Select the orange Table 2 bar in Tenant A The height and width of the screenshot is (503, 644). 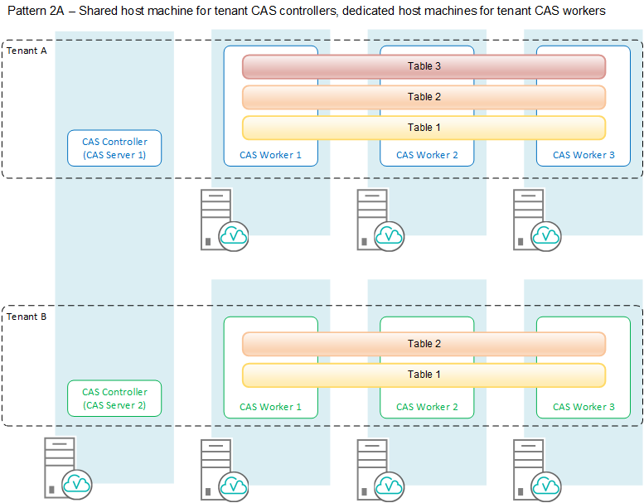424,97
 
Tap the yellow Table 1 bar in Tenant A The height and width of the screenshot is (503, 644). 424,128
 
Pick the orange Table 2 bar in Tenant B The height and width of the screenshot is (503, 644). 424,344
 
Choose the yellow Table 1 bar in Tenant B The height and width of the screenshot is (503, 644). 424,375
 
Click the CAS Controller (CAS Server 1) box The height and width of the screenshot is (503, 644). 114,148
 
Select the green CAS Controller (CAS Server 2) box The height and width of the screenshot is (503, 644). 114,399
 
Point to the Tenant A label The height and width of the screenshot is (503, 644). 27,51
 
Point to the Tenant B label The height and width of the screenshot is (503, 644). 27,317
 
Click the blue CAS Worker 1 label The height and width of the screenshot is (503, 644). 270,155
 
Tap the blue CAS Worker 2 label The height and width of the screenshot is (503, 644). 427,155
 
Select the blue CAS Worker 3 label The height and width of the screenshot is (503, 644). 583,155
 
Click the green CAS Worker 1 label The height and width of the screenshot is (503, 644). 270,407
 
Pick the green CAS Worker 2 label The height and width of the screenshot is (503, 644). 427,407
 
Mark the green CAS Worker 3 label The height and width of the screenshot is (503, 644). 583,407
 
